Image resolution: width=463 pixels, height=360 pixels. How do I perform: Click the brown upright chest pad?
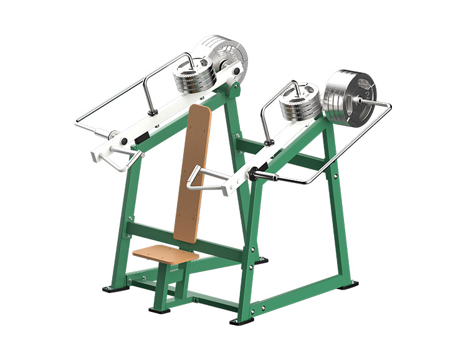coord(193,174)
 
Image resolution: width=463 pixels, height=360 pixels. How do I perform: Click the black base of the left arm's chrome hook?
coord(151,112)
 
